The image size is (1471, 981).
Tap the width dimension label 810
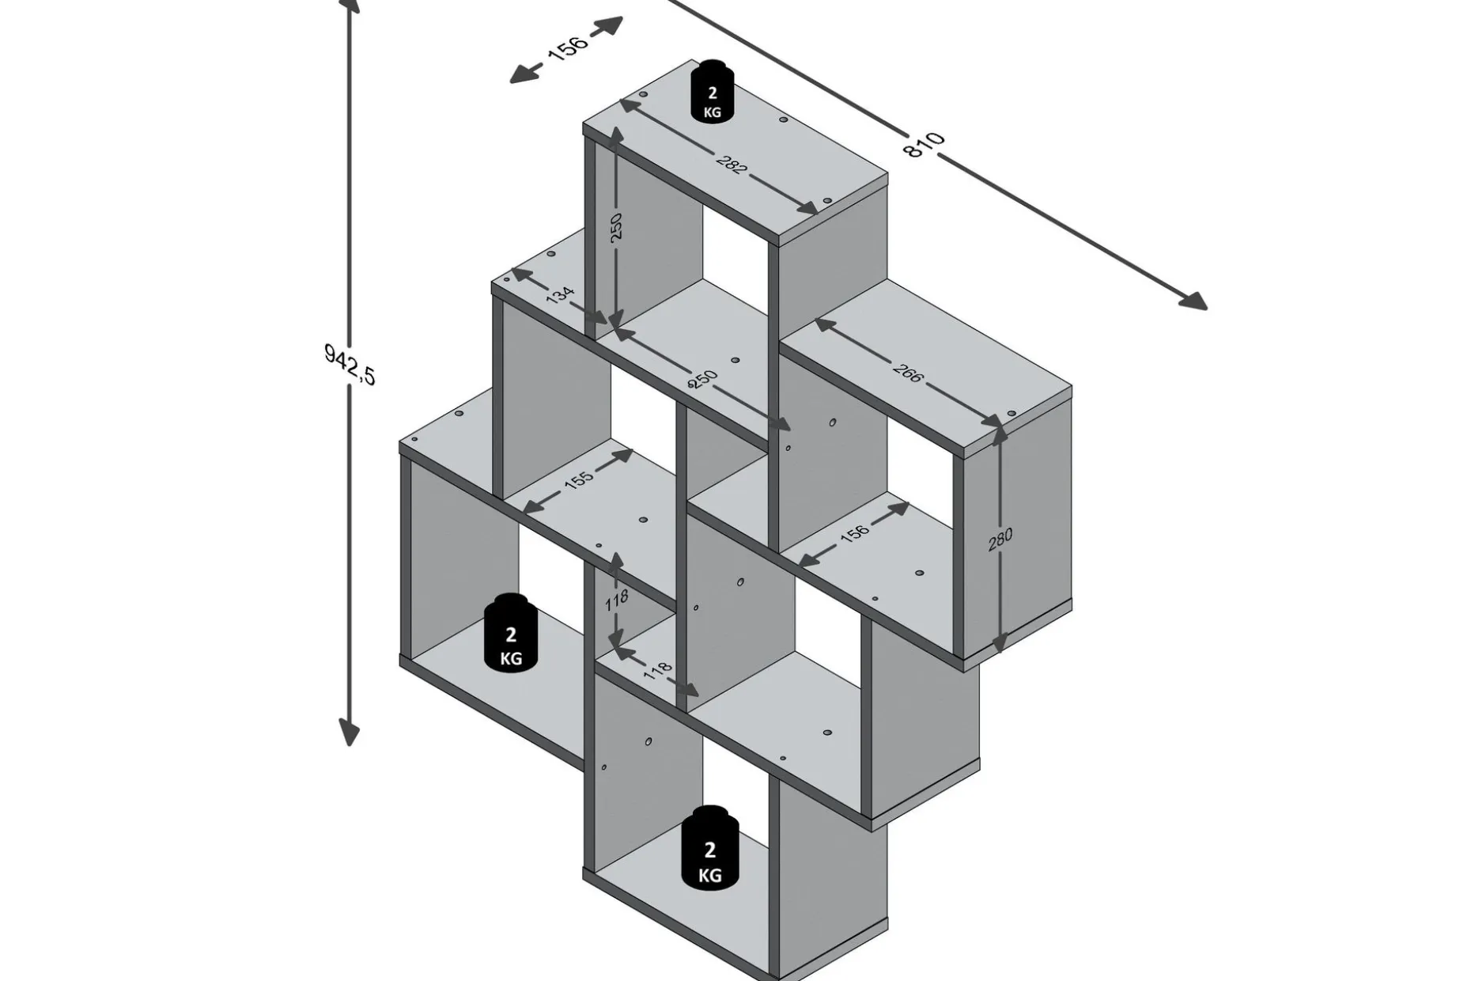[x=925, y=145]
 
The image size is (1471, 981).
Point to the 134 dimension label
[x=559, y=296]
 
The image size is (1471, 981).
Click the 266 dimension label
[x=907, y=373]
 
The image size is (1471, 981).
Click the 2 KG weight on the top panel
[x=712, y=91]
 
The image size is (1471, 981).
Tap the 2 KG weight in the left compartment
[x=511, y=633]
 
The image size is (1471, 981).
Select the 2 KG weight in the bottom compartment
[x=710, y=848]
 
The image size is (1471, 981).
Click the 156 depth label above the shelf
[x=568, y=47]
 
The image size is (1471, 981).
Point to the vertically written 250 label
[x=617, y=226]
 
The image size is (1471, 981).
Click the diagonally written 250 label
[x=702, y=380]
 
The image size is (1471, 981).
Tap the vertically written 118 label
[x=617, y=600]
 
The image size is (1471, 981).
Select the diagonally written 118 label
[x=657, y=670]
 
